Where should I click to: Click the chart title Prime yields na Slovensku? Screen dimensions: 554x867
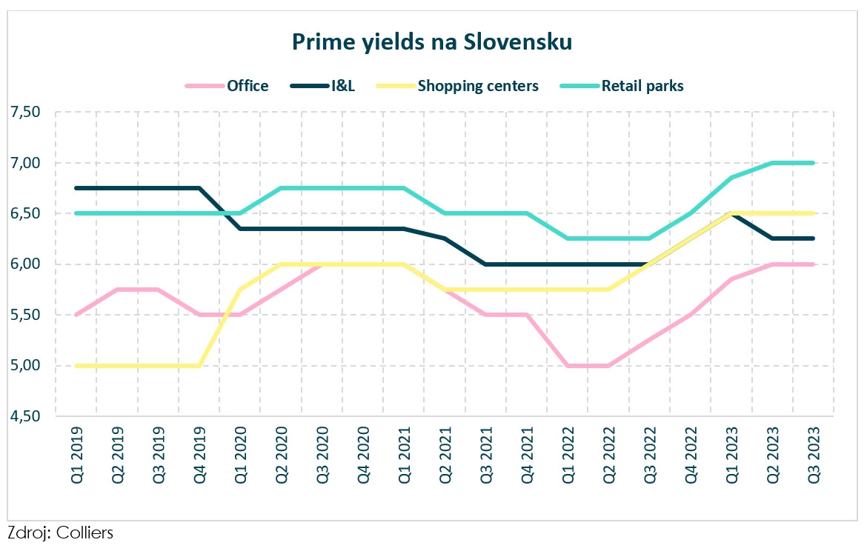tap(432, 42)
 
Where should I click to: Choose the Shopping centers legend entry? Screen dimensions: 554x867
tap(478, 86)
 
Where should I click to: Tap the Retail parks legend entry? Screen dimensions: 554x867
tap(642, 86)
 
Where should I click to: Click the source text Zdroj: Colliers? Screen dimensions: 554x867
tap(60, 533)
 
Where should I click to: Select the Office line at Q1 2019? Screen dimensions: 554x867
tap(77, 315)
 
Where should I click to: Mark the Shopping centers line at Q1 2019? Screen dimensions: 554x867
tap(77, 366)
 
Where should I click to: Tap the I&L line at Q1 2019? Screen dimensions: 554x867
tap(77, 188)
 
